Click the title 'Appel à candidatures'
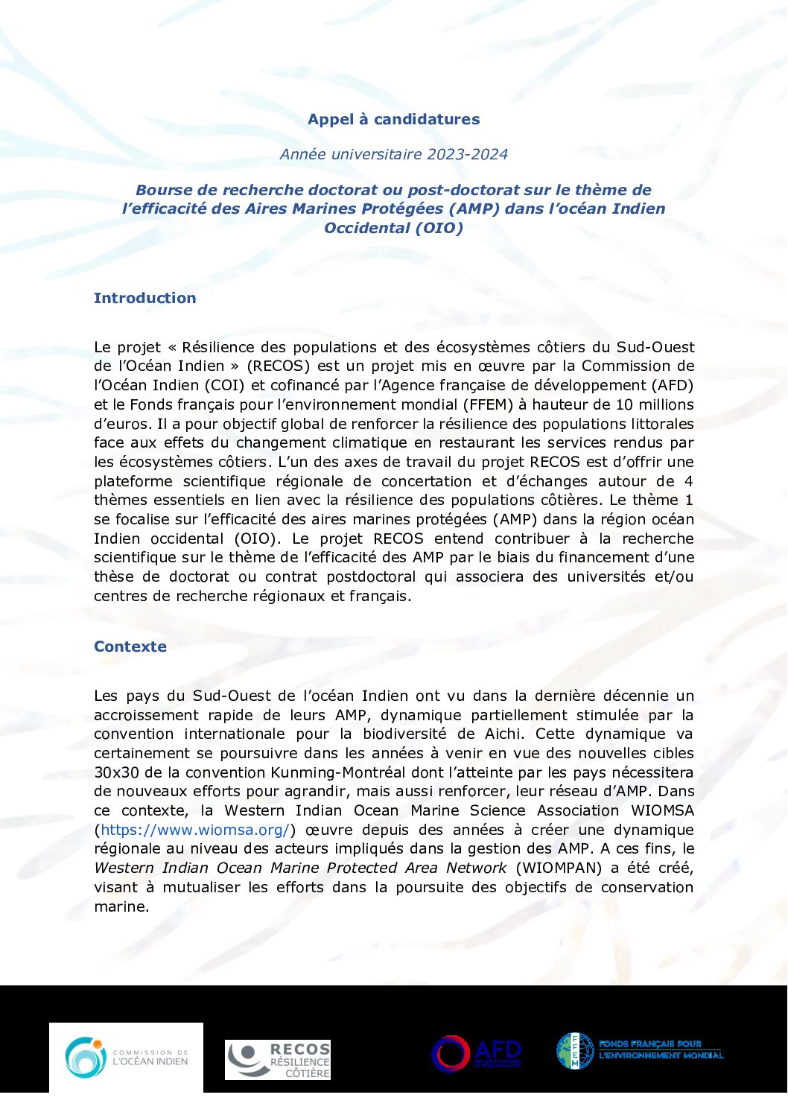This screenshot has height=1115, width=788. coord(393,119)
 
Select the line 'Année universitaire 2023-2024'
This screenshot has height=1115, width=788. coord(393,154)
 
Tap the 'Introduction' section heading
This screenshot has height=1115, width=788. coord(144,298)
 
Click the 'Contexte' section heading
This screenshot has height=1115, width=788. coord(130,647)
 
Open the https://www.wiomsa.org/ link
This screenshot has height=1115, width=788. coord(194,830)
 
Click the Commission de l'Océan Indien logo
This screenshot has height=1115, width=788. coord(126,1057)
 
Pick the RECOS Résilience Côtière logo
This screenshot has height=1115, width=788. coord(278,1060)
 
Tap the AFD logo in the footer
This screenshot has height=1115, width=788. coord(477,1053)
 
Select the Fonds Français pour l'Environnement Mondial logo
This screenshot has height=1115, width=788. coord(640,1050)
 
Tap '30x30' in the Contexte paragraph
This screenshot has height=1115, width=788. coord(116,772)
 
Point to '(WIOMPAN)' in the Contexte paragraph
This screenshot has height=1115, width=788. coord(559,868)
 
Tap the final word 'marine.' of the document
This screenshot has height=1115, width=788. coord(121,906)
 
